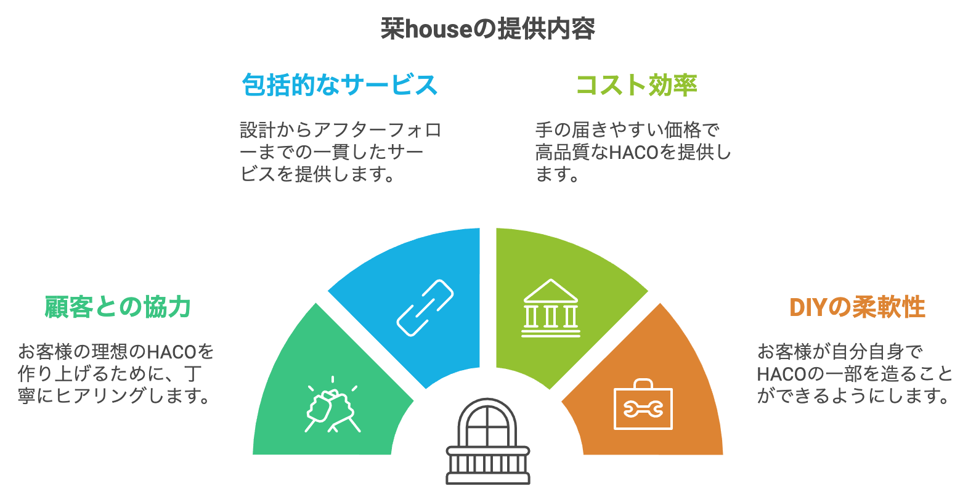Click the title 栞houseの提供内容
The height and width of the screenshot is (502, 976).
487,29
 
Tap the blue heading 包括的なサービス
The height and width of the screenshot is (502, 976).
340,85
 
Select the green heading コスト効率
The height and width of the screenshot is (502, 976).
636,85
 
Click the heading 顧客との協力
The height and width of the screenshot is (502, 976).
118,307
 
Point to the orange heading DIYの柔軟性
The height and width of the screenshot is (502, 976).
857,307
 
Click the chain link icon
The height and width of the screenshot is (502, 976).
425,308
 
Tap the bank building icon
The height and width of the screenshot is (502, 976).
551,308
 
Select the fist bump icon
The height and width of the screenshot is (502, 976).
332,405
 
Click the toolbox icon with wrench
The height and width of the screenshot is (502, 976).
643,404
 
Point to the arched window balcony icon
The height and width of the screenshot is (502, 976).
487,441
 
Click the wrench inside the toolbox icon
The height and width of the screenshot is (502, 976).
643,409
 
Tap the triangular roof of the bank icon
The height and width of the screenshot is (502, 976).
551,290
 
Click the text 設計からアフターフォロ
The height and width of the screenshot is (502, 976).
341,130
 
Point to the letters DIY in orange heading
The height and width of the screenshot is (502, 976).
808,307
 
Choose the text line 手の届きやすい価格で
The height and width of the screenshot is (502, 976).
627,130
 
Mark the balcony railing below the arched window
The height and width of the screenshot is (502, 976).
487,465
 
